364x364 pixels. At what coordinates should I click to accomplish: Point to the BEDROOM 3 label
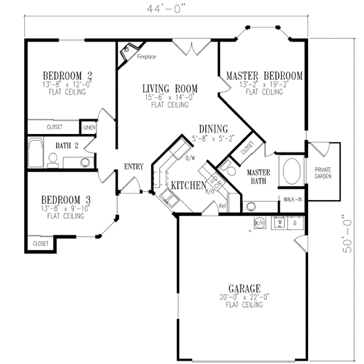(x=66, y=200)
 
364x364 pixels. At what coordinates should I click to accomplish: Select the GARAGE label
(x=244, y=288)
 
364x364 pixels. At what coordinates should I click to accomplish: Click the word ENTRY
(x=133, y=167)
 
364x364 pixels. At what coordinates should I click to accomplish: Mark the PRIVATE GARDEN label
(x=323, y=173)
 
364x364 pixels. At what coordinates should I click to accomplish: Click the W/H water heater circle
(x=258, y=222)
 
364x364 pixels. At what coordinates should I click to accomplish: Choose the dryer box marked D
(x=295, y=222)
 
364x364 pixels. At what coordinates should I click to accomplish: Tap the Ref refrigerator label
(x=222, y=206)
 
